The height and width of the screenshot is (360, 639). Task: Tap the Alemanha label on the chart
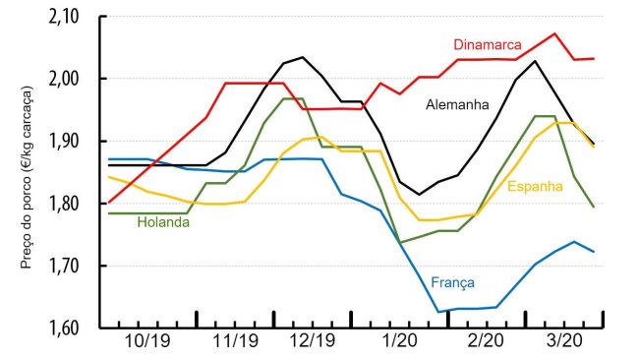pyautogui.click(x=457, y=104)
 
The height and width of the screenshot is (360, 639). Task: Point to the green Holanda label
pyautogui.click(x=162, y=222)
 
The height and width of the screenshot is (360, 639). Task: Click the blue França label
pyautogui.click(x=452, y=282)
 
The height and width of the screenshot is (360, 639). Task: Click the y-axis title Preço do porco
pyautogui.click(x=28, y=173)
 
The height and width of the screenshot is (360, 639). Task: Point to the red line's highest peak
pyautogui.click(x=555, y=33)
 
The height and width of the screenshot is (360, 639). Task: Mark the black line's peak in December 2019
pyautogui.click(x=301, y=57)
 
